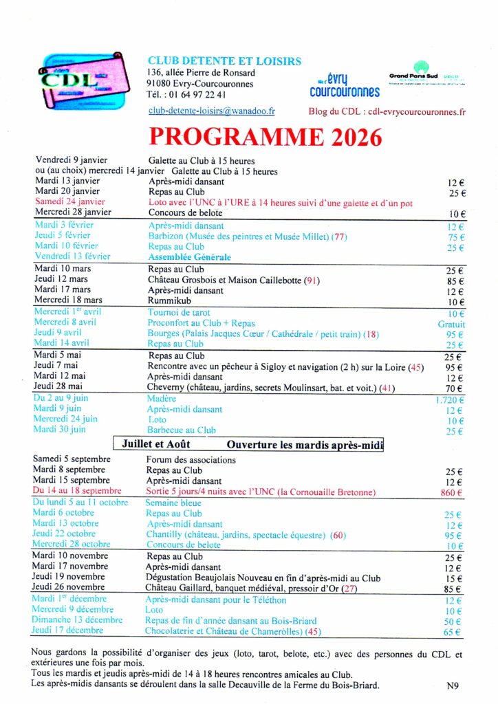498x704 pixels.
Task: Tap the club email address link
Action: [211, 110]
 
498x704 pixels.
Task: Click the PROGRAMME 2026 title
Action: [266, 137]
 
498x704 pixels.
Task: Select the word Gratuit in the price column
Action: [451, 324]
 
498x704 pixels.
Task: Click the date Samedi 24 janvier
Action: [69, 202]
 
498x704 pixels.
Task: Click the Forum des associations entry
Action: [191, 460]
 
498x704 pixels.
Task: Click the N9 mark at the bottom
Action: [453, 685]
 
